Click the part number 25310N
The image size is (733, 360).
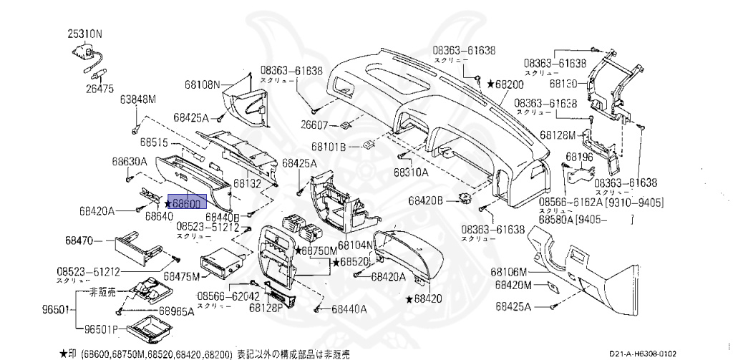(85, 34)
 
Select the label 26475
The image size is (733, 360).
(100, 89)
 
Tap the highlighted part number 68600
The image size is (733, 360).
(187, 204)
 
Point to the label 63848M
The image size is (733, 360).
(138, 99)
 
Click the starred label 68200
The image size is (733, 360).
(505, 84)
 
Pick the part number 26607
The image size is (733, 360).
(314, 125)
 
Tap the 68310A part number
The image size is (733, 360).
(411, 172)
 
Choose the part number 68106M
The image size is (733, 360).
(509, 272)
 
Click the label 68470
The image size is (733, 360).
(94, 240)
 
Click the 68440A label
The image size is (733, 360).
(349, 309)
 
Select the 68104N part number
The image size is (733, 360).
(357, 245)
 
